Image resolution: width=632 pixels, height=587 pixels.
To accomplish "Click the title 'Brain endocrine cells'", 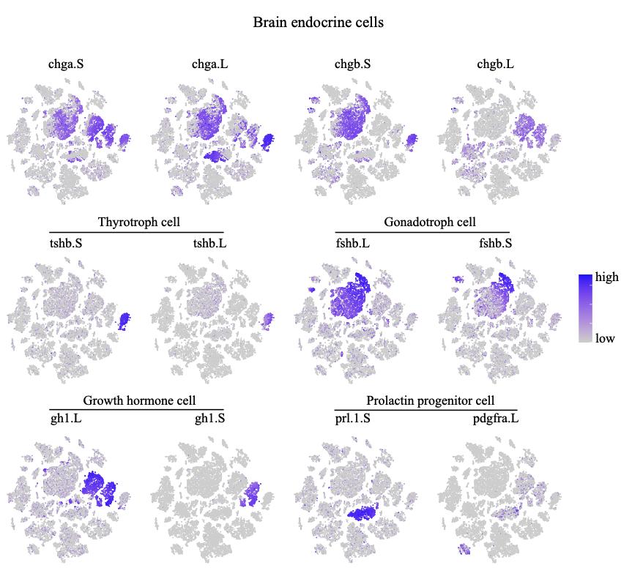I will coord(318,23).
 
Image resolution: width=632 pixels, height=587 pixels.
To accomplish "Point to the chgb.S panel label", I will coord(352,64).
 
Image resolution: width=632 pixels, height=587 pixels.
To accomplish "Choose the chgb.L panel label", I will coord(495,64).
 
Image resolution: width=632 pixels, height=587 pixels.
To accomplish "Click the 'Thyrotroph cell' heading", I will coord(138,222).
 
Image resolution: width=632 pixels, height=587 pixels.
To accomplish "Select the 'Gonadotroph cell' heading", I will coord(429,222).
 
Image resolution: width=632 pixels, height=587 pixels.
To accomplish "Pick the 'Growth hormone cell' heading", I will coord(139,401).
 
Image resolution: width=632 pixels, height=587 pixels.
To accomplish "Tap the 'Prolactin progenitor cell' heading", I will coord(430,401).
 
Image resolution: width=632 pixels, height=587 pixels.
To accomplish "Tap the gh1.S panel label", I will coord(209,419).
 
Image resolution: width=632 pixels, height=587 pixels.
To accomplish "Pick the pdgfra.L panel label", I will coord(495,419).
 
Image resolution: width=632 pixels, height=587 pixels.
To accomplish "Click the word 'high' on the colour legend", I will coord(606,277).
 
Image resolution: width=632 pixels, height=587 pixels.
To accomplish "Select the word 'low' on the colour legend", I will coord(605,338).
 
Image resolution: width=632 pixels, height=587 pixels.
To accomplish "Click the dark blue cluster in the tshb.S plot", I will coord(124,320).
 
